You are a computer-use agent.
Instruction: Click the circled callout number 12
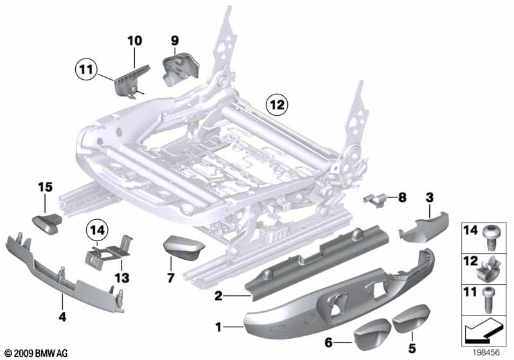(x=278, y=102)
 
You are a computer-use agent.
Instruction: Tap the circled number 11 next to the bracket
(x=84, y=66)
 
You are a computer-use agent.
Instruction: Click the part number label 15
(x=43, y=187)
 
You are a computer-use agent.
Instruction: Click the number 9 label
(x=174, y=40)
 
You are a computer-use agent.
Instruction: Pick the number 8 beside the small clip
(x=402, y=198)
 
